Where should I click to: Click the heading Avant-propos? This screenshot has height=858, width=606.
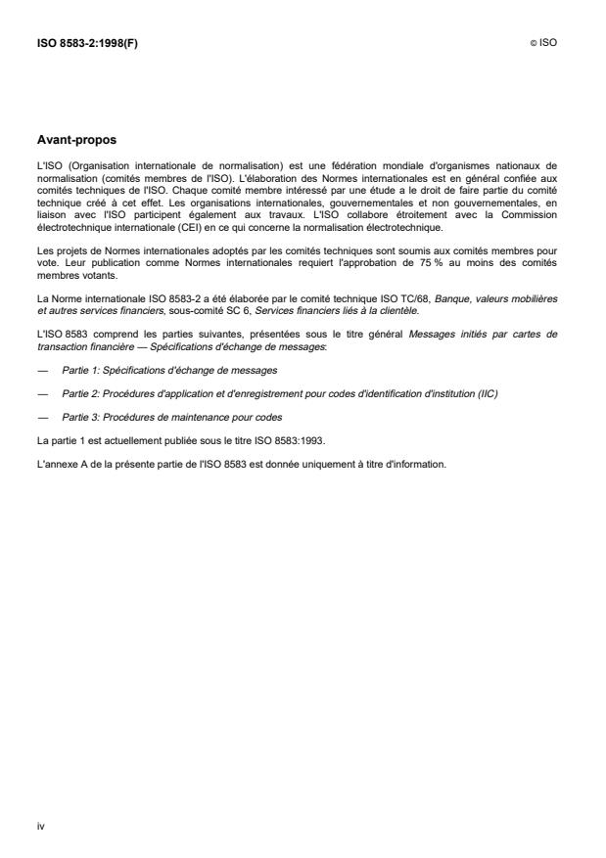[x=76, y=140]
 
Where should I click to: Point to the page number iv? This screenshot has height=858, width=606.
[x=40, y=826]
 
